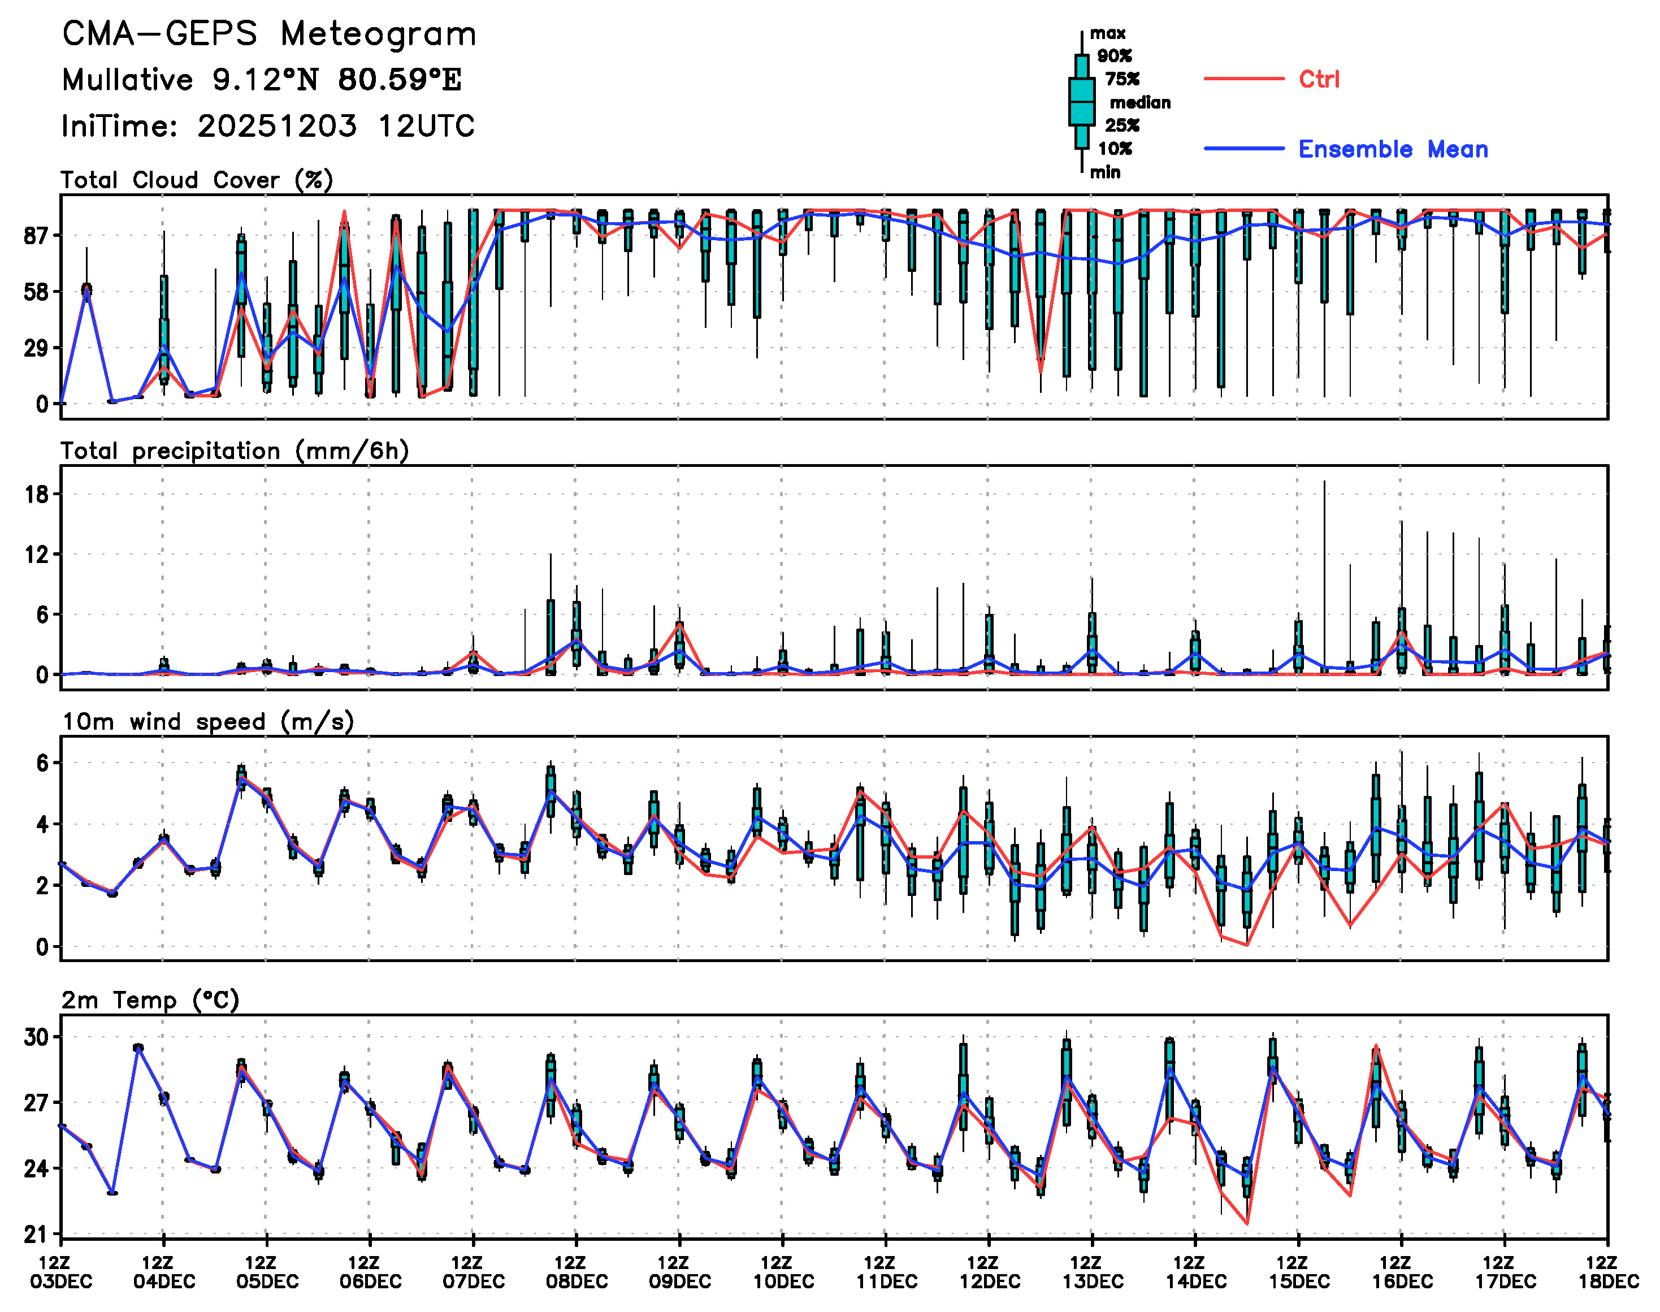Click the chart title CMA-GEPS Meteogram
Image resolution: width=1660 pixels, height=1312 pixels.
click(269, 34)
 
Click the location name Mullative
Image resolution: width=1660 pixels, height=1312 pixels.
click(128, 80)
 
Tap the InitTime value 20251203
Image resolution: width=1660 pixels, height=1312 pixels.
click(276, 126)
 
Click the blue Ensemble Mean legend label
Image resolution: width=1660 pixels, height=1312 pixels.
click(1393, 149)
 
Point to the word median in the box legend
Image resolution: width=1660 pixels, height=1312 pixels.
click(1140, 103)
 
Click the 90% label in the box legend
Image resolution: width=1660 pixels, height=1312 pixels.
click(1114, 56)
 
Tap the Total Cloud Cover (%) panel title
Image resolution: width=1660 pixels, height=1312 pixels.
click(197, 180)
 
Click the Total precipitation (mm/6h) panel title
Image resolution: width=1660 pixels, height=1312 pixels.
click(235, 451)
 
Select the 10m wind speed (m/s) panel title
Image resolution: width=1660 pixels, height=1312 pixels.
click(207, 722)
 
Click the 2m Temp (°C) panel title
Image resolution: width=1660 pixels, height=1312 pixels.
click(150, 1000)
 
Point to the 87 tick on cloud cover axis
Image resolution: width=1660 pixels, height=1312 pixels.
click(37, 236)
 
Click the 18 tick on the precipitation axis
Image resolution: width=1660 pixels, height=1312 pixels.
click(37, 494)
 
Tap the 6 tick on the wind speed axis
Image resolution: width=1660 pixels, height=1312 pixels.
click(42, 763)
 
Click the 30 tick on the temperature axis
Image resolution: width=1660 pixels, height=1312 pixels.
click(37, 1037)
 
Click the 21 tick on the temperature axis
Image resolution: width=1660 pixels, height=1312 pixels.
click(37, 1235)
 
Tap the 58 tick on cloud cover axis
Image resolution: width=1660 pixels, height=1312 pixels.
click(37, 292)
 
